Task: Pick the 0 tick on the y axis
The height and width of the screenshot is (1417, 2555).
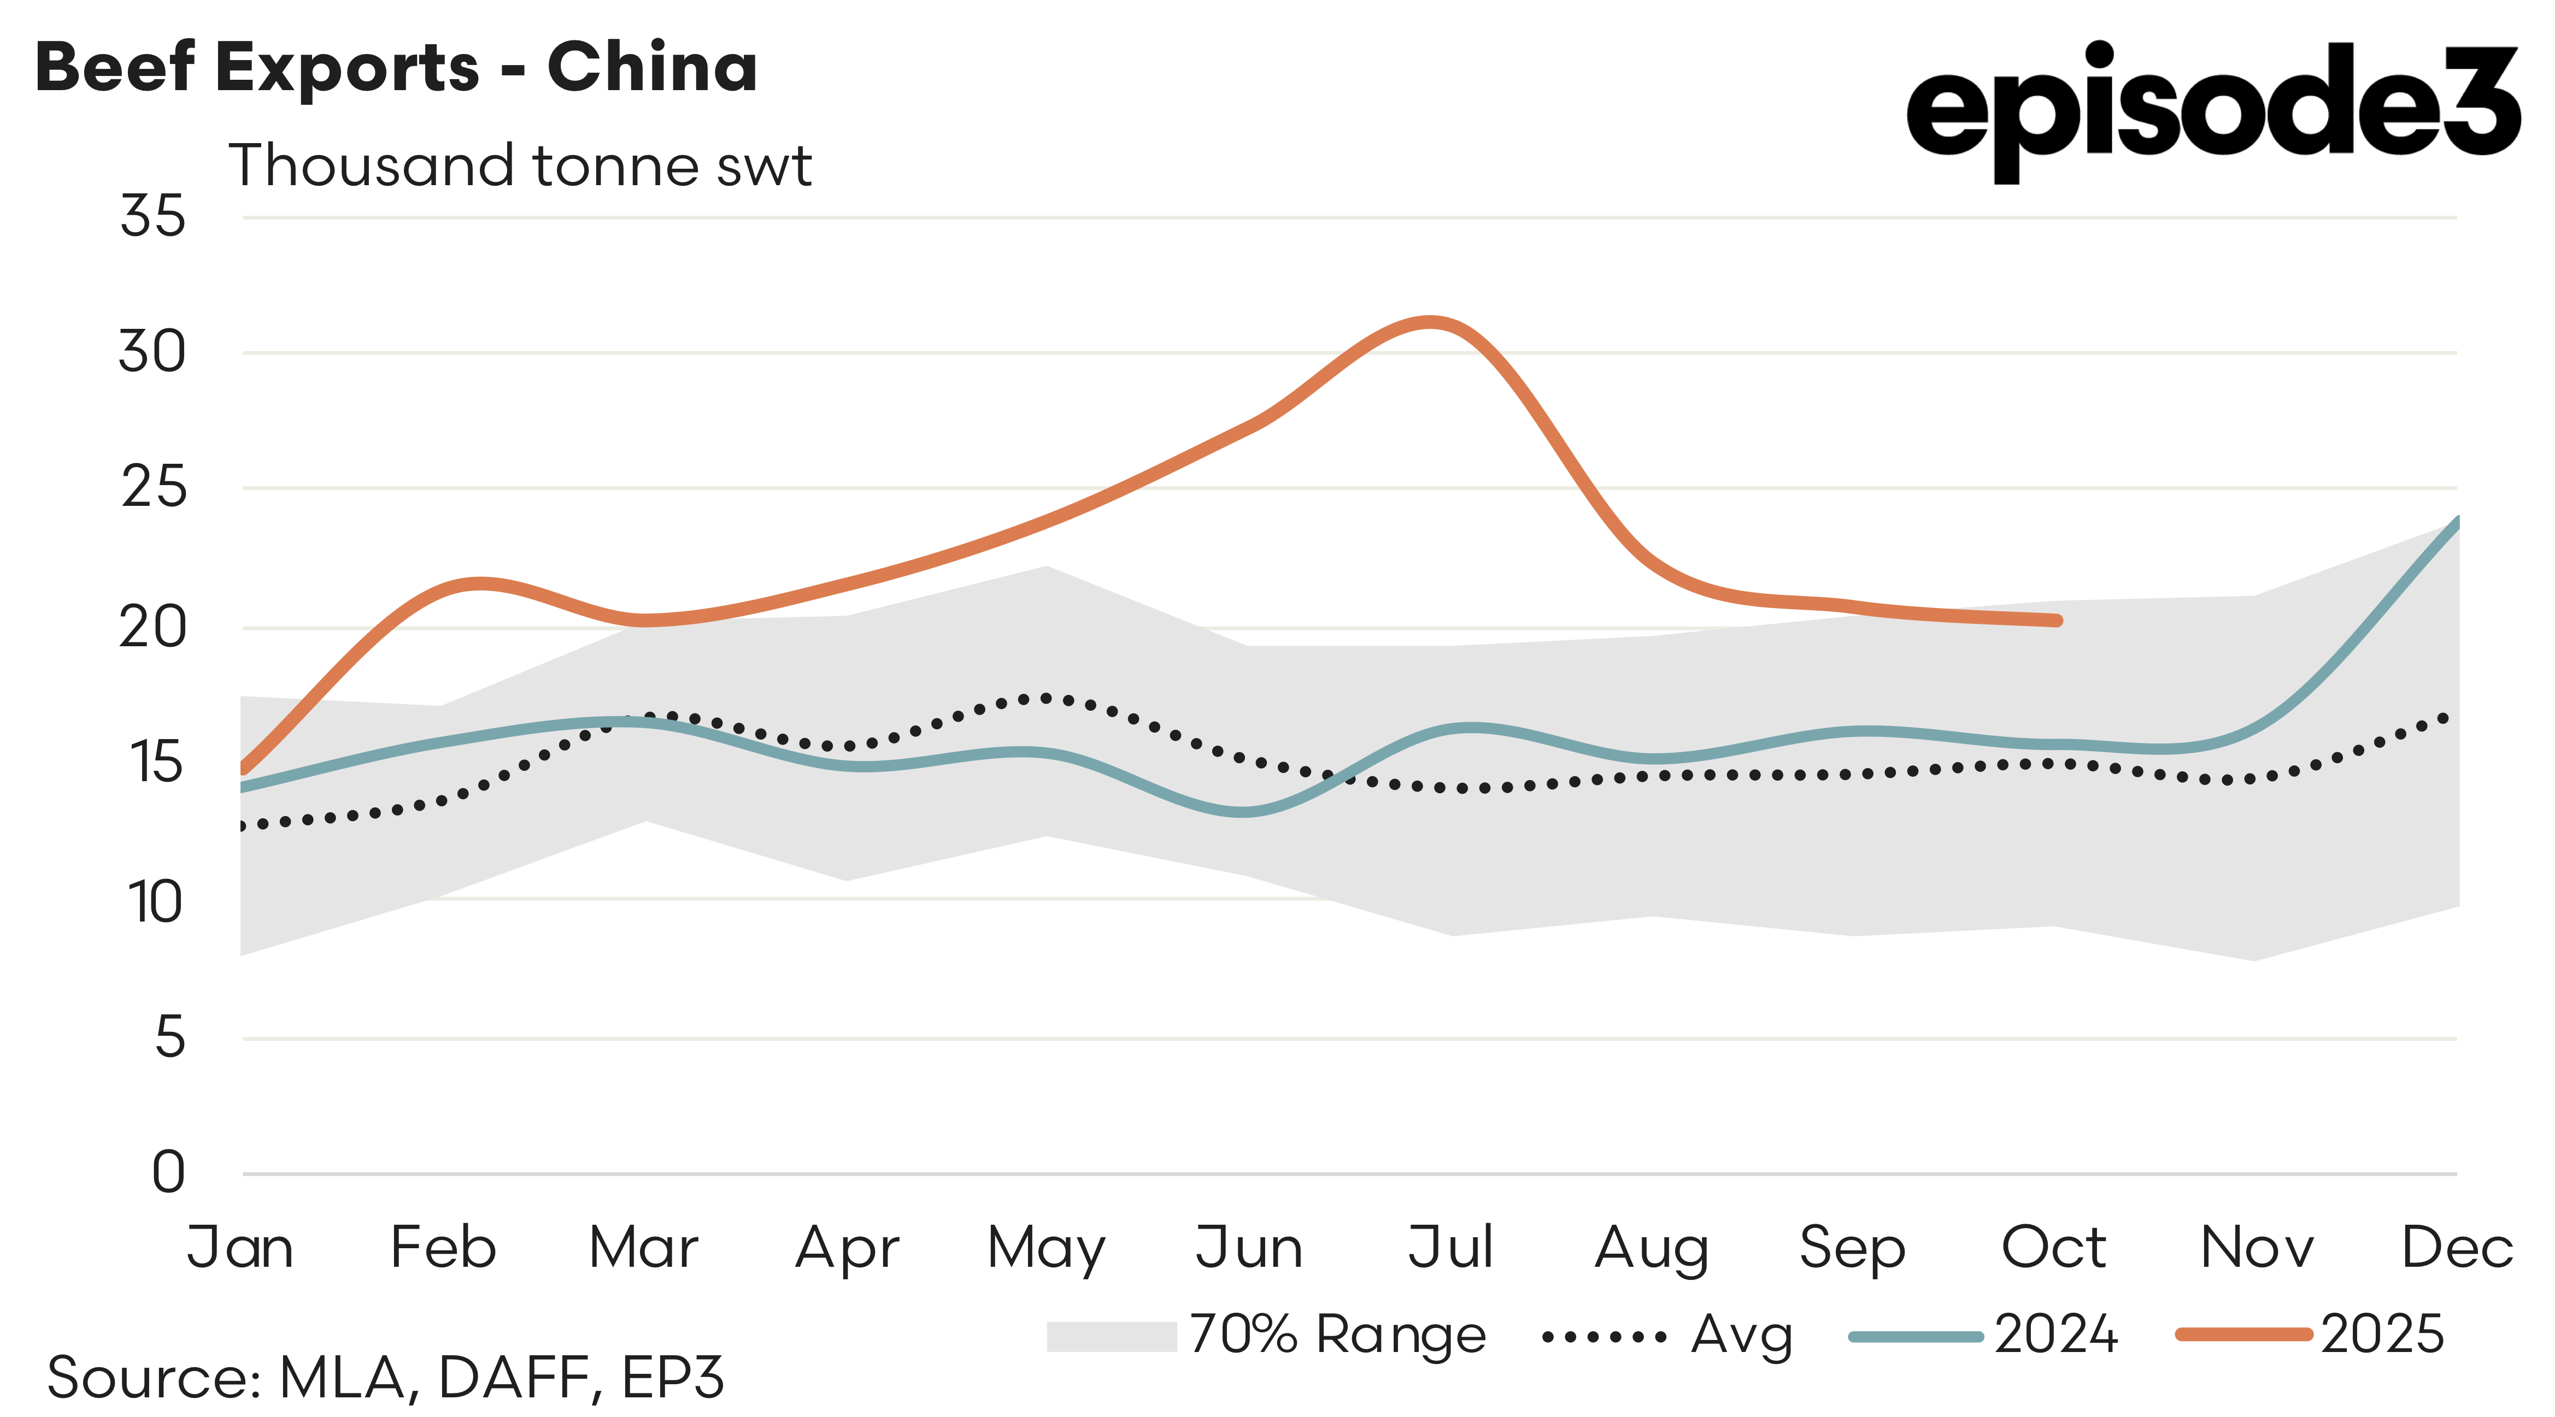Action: [x=169, y=1172]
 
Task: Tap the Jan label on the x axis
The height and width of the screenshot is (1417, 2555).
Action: [x=240, y=1248]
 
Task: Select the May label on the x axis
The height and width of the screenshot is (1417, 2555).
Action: [x=1047, y=1248]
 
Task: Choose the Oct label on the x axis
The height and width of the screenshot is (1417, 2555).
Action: [x=2053, y=1248]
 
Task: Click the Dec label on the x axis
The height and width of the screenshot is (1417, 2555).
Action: [x=2456, y=1248]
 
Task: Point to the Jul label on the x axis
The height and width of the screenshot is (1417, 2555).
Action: [x=1450, y=1248]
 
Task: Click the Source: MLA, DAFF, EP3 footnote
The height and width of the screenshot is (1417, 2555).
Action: [x=385, y=1377]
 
